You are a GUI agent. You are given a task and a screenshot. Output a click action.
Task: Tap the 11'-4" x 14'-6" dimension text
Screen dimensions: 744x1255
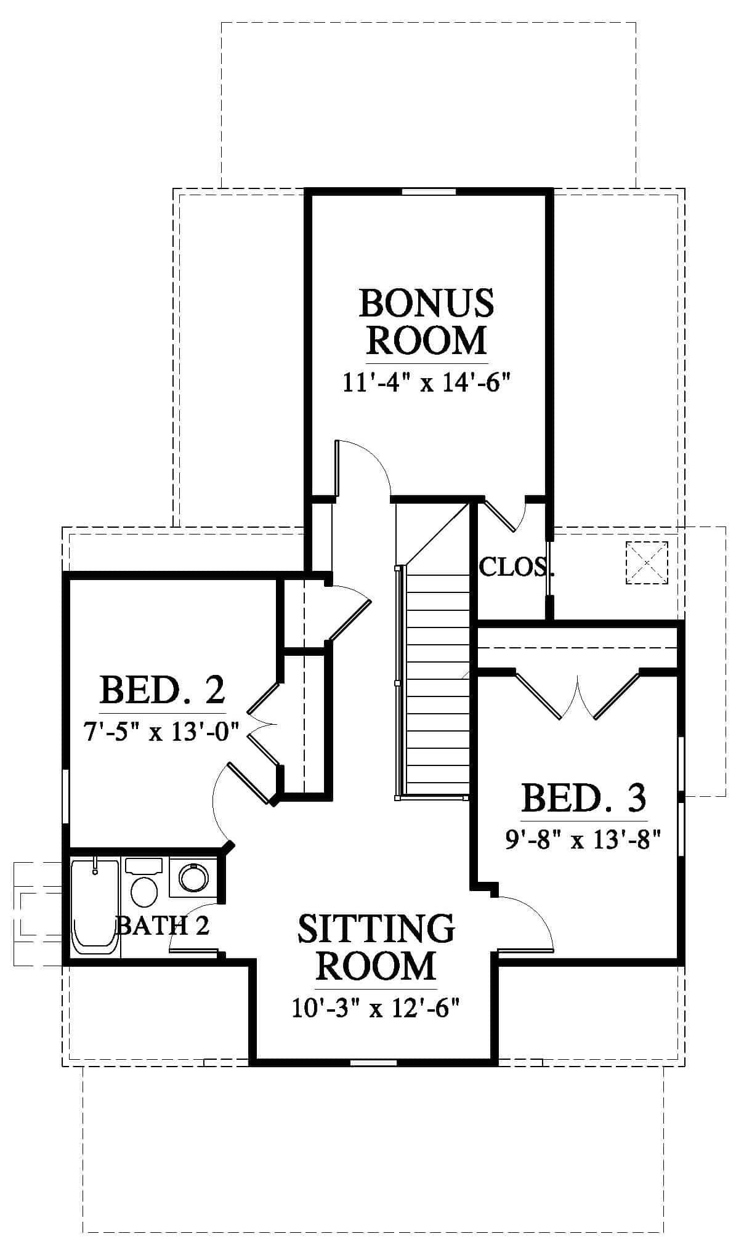click(x=427, y=383)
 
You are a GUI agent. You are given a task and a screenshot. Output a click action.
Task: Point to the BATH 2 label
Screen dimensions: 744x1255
click(x=163, y=925)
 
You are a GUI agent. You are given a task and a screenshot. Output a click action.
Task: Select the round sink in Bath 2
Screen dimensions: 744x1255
click(x=193, y=877)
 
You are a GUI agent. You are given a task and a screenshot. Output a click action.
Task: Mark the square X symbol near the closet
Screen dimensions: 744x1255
click(x=647, y=562)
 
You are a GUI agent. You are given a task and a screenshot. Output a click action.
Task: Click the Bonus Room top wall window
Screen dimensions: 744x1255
click(x=429, y=192)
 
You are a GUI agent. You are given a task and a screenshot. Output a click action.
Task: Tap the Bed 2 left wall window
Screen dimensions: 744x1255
click(x=65, y=795)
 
